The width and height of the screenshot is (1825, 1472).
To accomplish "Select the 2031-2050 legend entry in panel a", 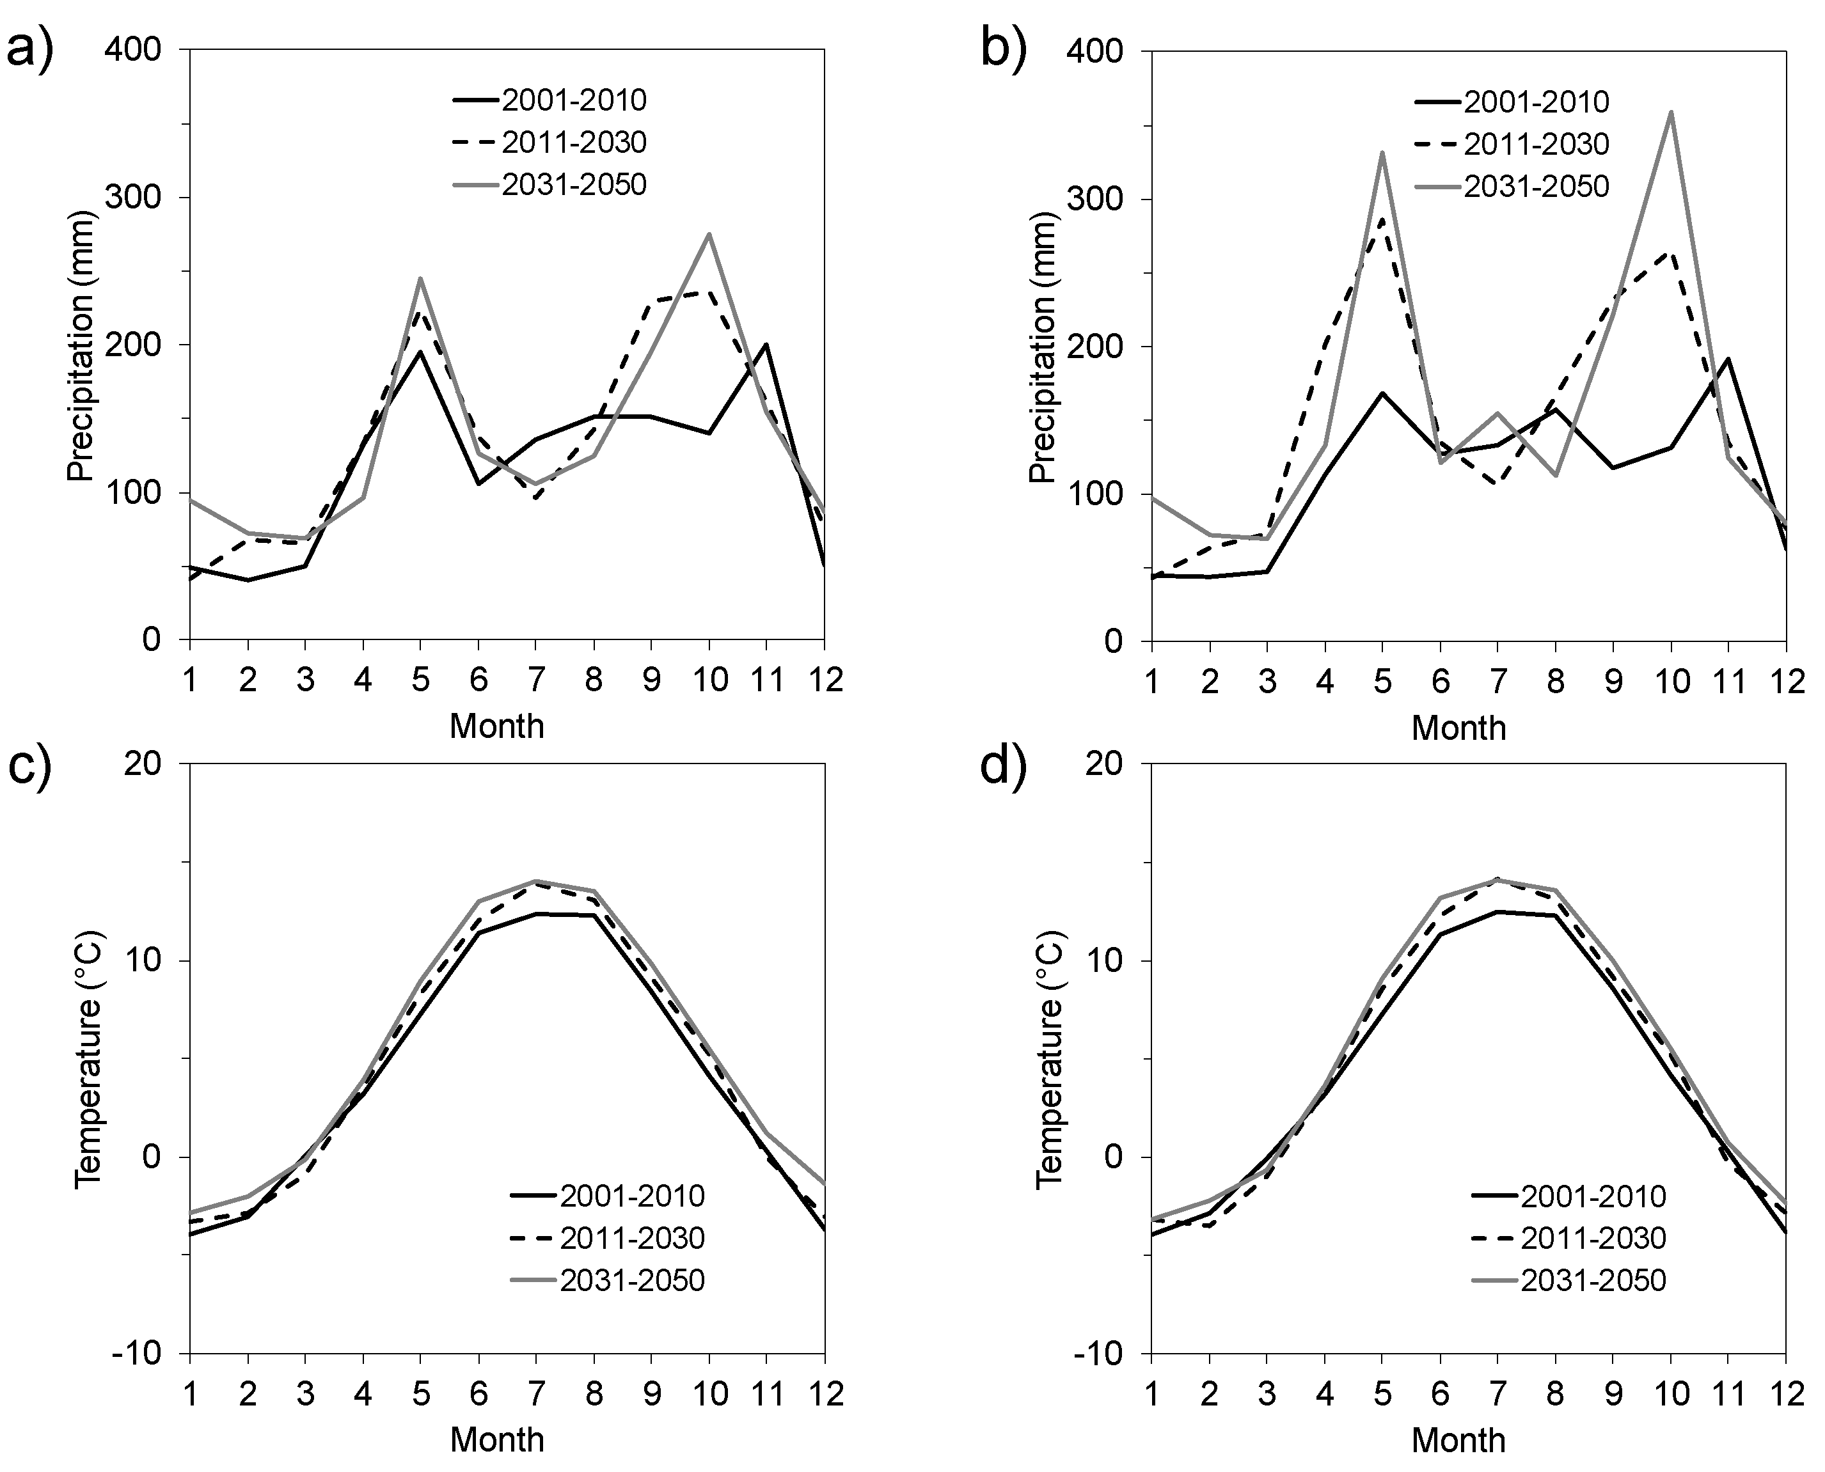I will tap(573, 184).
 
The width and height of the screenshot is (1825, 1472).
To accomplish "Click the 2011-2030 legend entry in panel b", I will tap(1536, 144).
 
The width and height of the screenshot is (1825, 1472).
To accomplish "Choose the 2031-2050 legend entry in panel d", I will tap(1593, 1280).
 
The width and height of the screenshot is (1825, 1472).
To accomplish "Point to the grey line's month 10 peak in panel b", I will tap(1671, 112).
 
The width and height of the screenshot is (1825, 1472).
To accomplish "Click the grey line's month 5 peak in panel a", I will tap(420, 278).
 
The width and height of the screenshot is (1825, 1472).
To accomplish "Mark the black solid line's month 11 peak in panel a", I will tap(766, 344).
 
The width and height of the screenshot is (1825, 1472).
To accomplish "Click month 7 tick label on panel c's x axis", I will tap(536, 1393).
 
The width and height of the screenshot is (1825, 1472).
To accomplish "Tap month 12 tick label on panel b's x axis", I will tap(1785, 681).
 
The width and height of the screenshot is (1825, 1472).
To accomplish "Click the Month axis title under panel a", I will tap(497, 726).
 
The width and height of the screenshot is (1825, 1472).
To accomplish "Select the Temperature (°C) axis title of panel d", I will tap(1050, 1058).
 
